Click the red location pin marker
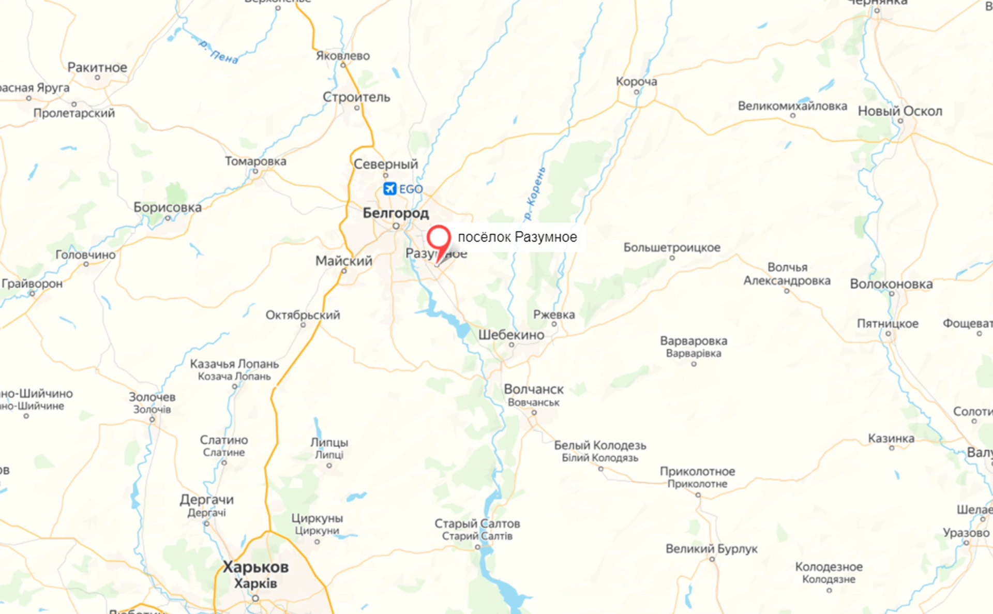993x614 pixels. (x=439, y=239)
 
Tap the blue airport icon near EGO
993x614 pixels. (x=389, y=189)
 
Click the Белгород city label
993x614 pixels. (x=396, y=213)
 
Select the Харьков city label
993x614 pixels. (x=255, y=567)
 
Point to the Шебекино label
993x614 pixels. (x=511, y=335)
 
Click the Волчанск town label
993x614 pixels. (x=534, y=390)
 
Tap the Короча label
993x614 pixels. (x=636, y=81)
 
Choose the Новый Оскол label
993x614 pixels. (x=900, y=111)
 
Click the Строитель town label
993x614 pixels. (x=356, y=97)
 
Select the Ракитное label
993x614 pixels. (x=97, y=67)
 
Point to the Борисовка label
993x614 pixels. (x=168, y=207)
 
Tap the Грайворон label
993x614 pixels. (x=32, y=283)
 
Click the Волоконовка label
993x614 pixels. (x=891, y=284)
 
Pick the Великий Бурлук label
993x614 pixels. (x=711, y=549)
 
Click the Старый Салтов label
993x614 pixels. (x=477, y=523)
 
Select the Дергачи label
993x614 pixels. (x=206, y=500)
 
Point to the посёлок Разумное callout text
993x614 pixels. (x=517, y=237)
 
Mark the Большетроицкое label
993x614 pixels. (x=671, y=247)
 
